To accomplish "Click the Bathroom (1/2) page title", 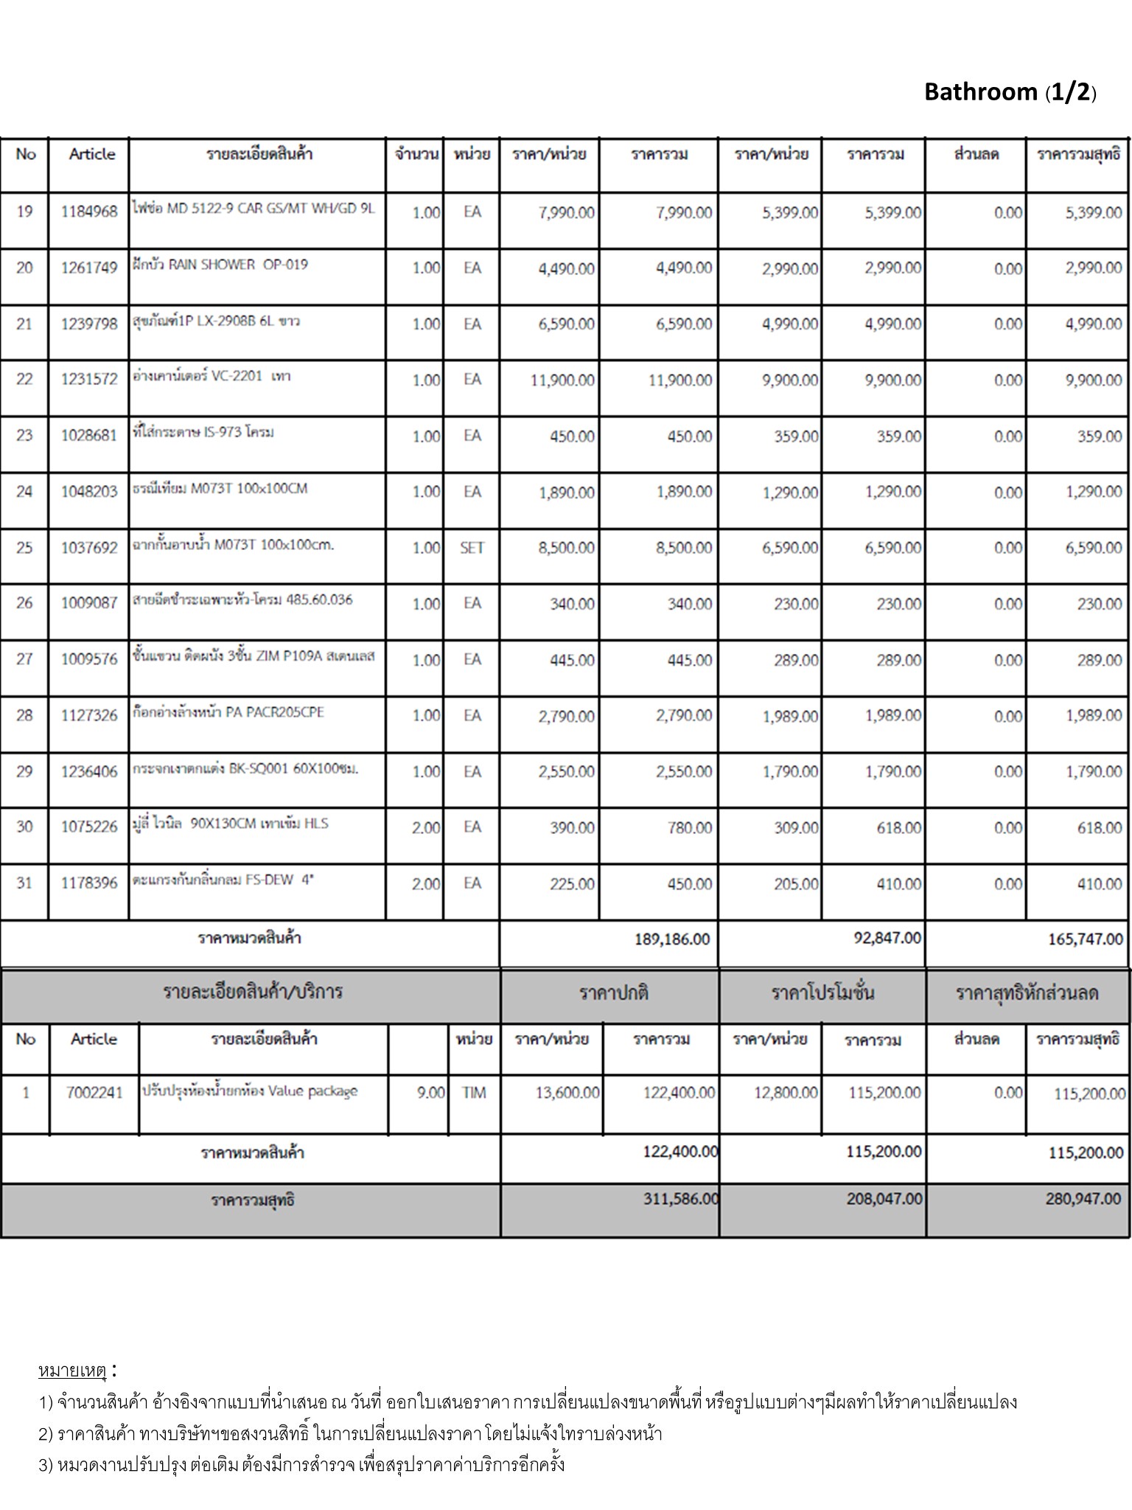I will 1010,92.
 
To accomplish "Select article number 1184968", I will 89,212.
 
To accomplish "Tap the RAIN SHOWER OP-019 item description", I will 220,265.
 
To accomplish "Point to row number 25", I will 24,547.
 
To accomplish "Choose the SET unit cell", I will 472,548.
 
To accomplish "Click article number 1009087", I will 89,603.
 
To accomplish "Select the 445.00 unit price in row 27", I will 572,660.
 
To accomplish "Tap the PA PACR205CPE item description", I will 228,712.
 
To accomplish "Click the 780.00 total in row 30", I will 690,828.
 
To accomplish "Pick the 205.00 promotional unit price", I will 796,884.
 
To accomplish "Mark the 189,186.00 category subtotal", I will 672,939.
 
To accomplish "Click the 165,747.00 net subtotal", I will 1086,939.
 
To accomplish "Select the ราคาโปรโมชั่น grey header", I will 822,993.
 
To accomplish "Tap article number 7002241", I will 94,1093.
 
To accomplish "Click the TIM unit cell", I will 474,1093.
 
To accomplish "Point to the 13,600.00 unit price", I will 567,1093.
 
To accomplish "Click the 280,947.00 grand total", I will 1083,1199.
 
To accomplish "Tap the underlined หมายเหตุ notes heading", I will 73,1371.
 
